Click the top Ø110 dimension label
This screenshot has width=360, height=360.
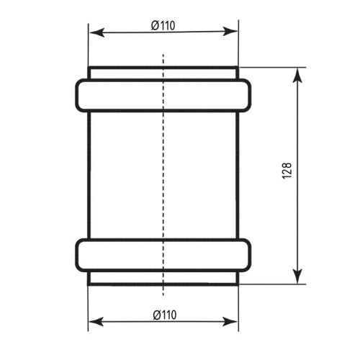click(163, 26)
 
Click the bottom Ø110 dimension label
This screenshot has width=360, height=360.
click(165, 315)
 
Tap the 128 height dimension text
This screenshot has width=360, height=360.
click(287, 171)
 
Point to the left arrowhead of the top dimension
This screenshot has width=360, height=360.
click(97, 32)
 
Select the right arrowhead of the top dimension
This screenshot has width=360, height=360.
click(230, 32)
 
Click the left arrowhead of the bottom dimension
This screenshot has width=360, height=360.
click(96, 322)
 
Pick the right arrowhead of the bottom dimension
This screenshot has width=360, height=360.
click(230, 322)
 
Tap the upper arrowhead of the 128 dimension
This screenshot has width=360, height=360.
click(297, 76)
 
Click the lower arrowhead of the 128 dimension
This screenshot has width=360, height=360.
click(297, 276)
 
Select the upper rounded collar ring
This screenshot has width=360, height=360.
click(163, 80)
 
